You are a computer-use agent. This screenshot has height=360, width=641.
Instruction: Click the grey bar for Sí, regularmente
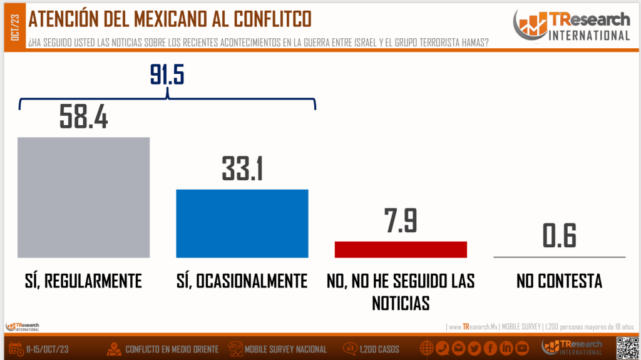(83, 197)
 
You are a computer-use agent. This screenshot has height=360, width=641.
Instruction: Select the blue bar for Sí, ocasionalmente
(242, 223)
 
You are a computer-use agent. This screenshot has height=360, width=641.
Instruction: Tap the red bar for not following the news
(401, 249)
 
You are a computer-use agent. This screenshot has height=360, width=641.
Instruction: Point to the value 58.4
(84, 116)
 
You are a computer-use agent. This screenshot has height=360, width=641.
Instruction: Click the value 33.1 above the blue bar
(242, 168)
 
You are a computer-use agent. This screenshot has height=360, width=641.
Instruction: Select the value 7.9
(401, 221)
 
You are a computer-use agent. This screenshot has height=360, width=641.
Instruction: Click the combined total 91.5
(167, 75)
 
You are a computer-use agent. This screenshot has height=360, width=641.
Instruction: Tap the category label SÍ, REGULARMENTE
(79, 280)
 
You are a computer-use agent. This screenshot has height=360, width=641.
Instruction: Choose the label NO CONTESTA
(559, 280)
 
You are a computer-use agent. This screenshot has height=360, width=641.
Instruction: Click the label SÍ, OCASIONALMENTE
(242, 280)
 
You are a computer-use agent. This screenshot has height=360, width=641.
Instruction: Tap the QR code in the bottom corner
(627, 347)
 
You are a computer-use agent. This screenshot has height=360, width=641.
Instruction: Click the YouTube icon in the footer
(521, 348)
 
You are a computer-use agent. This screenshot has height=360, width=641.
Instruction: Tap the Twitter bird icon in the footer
(474, 348)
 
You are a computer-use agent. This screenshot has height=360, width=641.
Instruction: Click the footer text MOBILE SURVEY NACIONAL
(285, 349)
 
